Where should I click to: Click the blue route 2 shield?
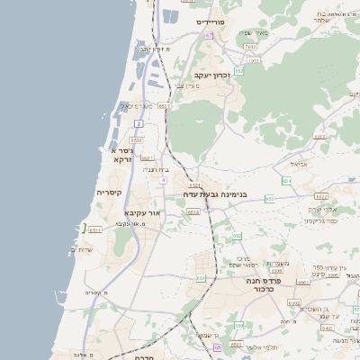[139, 122]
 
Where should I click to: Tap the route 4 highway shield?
[163, 180]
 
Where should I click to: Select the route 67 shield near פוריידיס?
[209, 35]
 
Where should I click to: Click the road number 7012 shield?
[254, 60]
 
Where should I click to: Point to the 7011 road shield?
[249, 45]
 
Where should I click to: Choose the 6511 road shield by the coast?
[95, 230]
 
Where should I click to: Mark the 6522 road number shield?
[321, 195]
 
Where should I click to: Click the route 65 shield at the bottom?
[218, 346]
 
